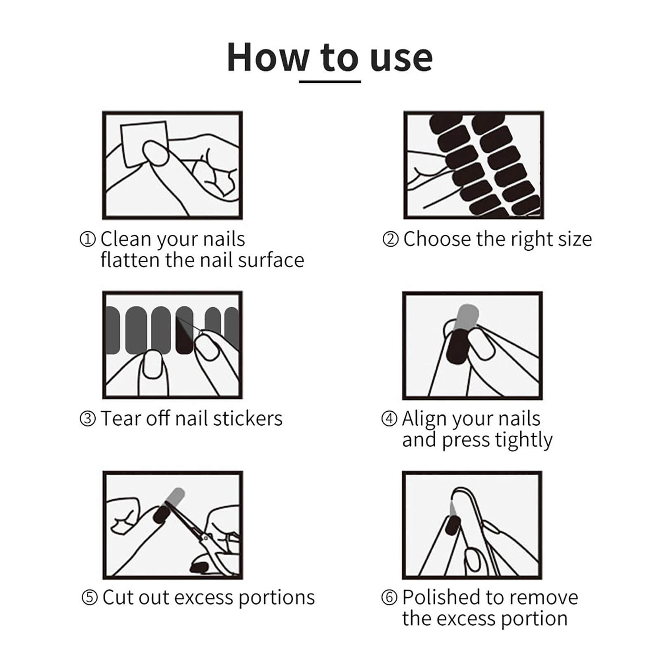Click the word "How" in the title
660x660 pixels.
pos(267,57)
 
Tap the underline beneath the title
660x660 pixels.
pos(330,82)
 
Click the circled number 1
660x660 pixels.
pos(87,239)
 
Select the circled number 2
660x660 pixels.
pos(390,239)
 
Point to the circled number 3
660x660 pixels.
pos(87,419)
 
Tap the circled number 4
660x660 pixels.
pos(389,419)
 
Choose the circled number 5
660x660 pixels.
pos(90,598)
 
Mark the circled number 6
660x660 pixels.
pos(389,598)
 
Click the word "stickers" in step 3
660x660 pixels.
pos(247,419)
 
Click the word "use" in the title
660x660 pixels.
pos(401,57)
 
